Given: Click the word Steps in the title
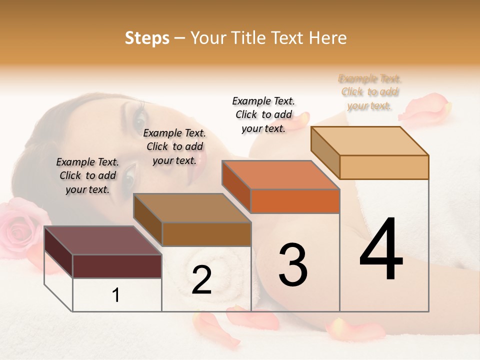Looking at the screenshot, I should pos(147,38).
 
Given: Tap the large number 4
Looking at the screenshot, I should pos(381,250).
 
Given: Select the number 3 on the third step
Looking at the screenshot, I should pos(292,265).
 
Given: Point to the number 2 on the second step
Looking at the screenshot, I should pos(201,280).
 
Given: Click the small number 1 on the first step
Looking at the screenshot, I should pos(116,295).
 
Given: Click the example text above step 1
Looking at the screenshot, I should pos(87,175).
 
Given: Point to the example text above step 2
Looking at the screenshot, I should pos(174,146).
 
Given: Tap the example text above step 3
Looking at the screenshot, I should pos(263,114).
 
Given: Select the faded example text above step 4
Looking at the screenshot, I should pos(370,92).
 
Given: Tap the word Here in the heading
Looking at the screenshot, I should pos(328,38).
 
